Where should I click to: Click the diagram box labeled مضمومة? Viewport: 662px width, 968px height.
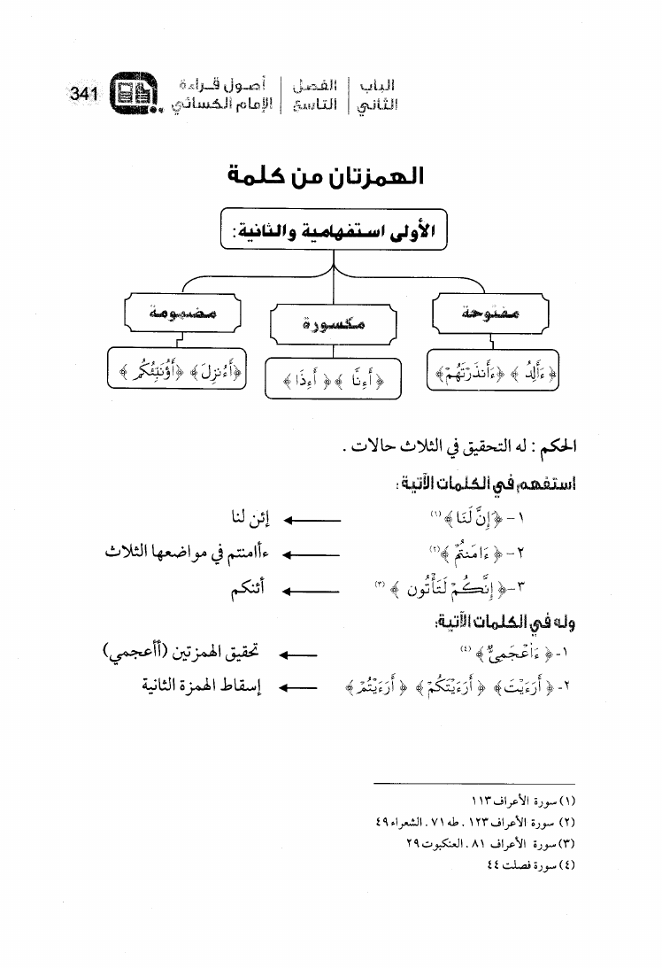pos(183,314)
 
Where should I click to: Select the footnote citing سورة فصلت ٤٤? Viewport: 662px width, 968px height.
pos(528,864)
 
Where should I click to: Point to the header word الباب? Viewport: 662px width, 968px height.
pos(377,87)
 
